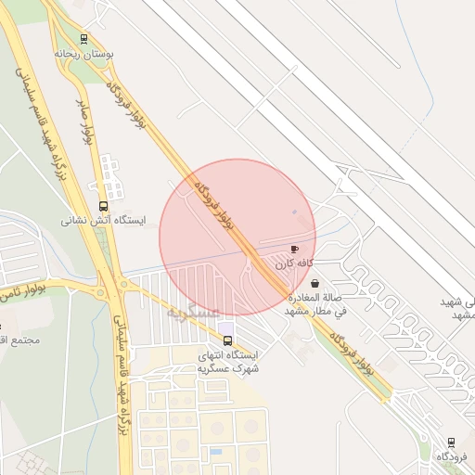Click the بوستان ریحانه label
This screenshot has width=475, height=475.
pyautogui.click(x=84, y=54)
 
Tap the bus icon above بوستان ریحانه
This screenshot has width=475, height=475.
pyautogui.click(x=84, y=39)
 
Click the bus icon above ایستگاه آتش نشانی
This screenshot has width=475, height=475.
pyautogui.click(x=103, y=206)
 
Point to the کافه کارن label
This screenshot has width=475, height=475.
pyautogui.click(x=295, y=264)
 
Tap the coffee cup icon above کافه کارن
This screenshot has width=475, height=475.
pyautogui.click(x=295, y=250)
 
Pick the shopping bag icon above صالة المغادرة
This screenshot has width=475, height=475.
pyautogui.click(x=315, y=282)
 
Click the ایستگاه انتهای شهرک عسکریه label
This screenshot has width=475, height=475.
pyautogui.click(x=228, y=362)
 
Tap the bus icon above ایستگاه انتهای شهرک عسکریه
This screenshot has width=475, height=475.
pyautogui.click(x=228, y=340)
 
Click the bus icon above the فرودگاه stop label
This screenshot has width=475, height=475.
pyautogui.click(x=452, y=442)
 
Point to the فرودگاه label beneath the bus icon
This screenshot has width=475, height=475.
pyautogui.click(x=452, y=456)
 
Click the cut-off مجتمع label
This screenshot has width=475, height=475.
pyautogui.click(x=19, y=340)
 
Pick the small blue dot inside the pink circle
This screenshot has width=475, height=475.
pyautogui.click(x=294, y=212)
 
